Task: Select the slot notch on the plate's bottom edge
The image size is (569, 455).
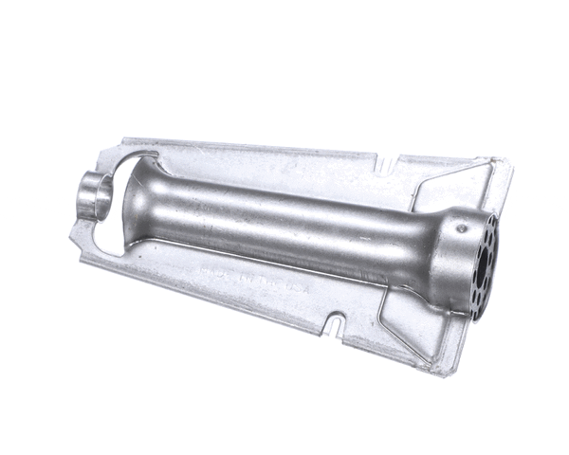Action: pyautogui.click(x=333, y=328)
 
